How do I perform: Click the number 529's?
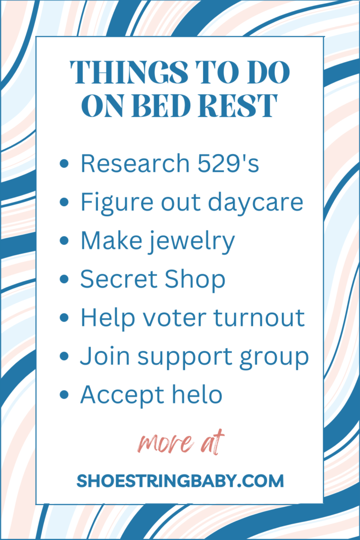tap(228, 163)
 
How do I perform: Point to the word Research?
tap(135, 163)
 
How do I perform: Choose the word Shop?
tap(195, 279)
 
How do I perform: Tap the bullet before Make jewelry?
tap(64, 240)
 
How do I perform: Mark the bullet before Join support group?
tap(64, 356)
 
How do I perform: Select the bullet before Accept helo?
tap(64, 394)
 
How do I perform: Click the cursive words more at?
tap(181, 442)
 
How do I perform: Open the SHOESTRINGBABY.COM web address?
tap(180, 481)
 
